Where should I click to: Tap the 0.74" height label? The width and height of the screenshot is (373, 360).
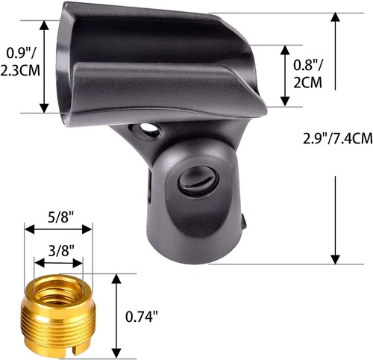click(x=144, y=317)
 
